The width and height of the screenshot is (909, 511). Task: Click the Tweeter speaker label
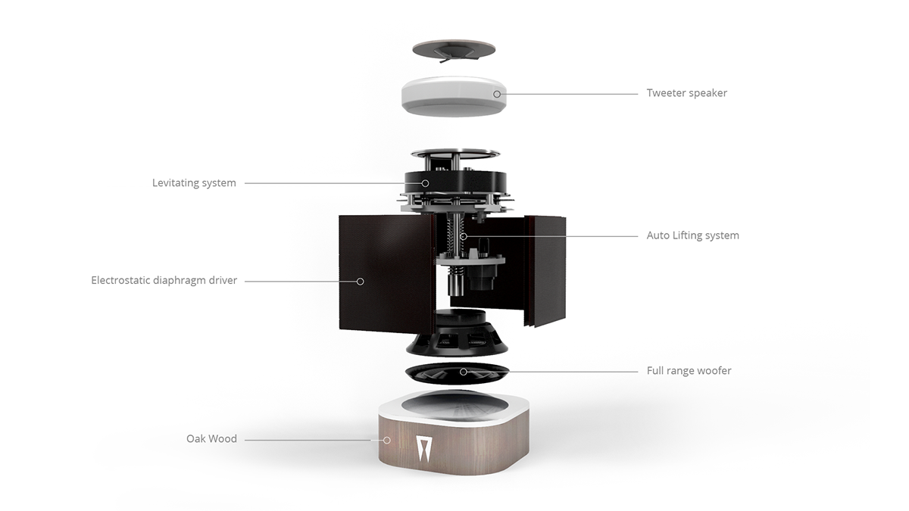pyautogui.click(x=686, y=93)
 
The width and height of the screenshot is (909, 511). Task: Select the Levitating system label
pyautogui.click(x=194, y=183)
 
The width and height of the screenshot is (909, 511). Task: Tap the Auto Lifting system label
pyautogui.click(x=692, y=235)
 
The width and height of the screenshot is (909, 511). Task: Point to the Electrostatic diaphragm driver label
pyautogui.click(x=164, y=281)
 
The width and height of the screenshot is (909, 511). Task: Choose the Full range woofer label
pyautogui.click(x=689, y=371)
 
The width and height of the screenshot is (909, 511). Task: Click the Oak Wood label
pyautogui.click(x=211, y=439)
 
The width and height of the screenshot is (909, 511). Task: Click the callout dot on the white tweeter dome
pyautogui.click(x=497, y=94)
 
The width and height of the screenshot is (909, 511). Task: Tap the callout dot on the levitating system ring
pyautogui.click(x=426, y=183)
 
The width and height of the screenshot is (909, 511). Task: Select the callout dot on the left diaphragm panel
pyautogui.click(x=361, y=281)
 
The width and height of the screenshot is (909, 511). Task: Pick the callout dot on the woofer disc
pyautogui.click(x=464, y=372)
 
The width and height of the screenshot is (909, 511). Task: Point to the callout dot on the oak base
pyautogui.click(x=386, y=439)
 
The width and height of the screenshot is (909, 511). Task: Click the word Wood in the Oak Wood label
pyautogui.click(x=223, y=439)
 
